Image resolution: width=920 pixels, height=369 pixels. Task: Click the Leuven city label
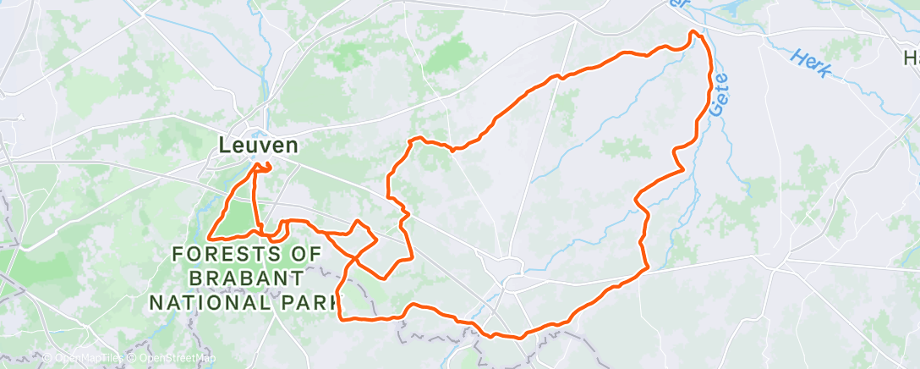tap(258, 146)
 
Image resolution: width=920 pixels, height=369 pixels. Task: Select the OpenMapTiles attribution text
tap(85, 359)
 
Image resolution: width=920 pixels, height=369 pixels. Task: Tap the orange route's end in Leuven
tap(270, 168)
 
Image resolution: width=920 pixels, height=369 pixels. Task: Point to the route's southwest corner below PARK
tap(341, 318)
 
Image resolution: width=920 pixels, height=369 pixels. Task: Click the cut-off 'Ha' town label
tap(911, 58)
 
